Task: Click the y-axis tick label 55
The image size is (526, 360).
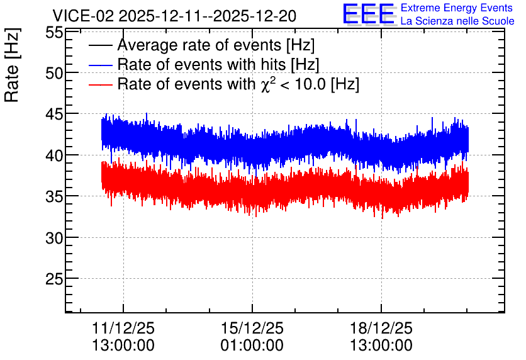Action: coord(54,33)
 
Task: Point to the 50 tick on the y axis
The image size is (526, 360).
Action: coord(54,73)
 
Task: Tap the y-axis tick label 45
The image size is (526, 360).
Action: coord(54,114)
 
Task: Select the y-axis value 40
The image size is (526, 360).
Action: coord(54,155)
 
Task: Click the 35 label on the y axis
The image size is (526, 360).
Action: coord(54,196)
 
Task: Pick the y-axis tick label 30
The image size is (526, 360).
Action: coord(54,238)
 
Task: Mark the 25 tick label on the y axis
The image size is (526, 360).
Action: coord(54,279)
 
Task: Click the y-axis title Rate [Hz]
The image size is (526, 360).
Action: coord(12,65)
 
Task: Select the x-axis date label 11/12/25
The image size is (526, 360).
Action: coord(123,328)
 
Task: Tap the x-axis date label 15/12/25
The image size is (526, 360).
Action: coord(252,328)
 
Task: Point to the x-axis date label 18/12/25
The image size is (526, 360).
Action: coord(381,328)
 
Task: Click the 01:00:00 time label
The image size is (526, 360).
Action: coord(252,345)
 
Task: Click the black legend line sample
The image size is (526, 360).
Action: coord(100,45)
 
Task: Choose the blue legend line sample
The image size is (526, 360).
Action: coord(100,65)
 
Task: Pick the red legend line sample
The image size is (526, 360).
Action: coord(100,85)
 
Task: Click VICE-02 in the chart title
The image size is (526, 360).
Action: coord(84,16)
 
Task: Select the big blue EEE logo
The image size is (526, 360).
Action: coord(369,14)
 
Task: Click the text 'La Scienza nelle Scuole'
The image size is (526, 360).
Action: coord(457,21)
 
